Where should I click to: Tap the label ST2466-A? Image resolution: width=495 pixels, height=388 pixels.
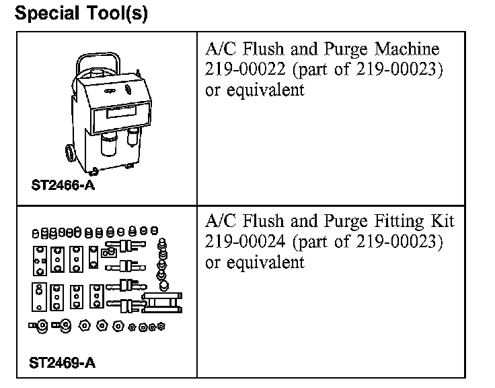click(63, 185)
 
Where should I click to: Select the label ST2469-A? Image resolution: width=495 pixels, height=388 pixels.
click(63, 364)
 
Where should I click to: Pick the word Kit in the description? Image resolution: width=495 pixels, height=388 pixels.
click(442, 221)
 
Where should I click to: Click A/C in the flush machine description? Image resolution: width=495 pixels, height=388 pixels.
click(219, 49)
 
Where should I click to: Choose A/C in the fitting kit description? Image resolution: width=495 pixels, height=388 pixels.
click(219, 221)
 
